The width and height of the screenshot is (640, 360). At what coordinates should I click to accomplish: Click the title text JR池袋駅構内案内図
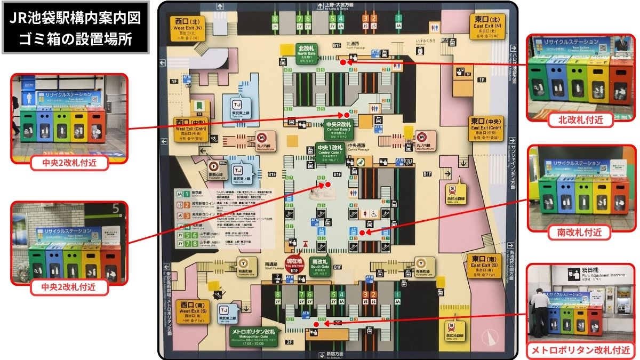tap(75, 18)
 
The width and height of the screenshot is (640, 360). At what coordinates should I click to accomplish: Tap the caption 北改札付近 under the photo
tap(580, 120)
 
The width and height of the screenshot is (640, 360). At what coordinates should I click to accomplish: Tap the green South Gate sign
tap(320, 266)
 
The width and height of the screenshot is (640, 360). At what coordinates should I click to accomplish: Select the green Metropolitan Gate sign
tap(254, 334)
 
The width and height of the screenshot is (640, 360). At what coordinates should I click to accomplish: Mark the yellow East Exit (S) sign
tap(485, 266)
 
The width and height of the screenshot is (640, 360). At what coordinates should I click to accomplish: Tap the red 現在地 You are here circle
tap(294, 265)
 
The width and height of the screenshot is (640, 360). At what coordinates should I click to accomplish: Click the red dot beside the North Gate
tap(343, 62)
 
